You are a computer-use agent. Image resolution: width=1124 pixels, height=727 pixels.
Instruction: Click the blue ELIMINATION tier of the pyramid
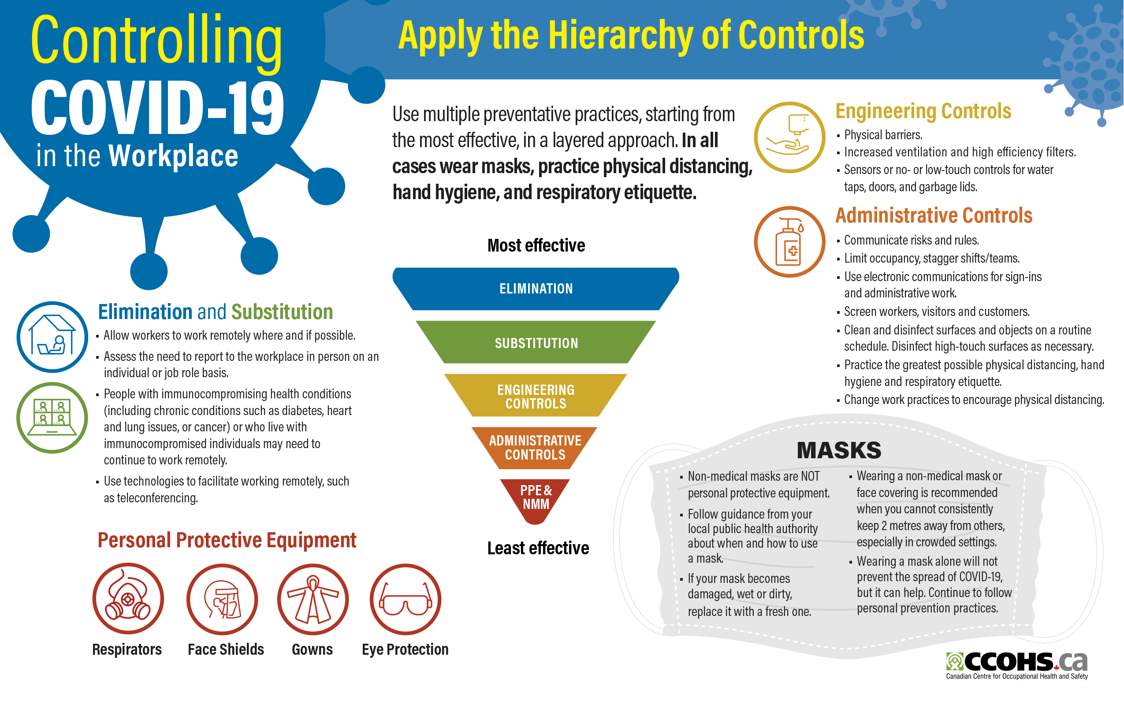(536, 289)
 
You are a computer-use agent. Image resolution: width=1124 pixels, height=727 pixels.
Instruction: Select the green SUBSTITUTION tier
(536, 343)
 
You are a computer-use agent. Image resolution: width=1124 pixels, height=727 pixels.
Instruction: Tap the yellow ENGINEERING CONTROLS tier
(536, 396)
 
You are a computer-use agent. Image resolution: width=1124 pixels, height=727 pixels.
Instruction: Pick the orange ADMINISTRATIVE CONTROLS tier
(535, 448)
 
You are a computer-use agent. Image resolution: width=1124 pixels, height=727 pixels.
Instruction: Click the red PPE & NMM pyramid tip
(536, 498)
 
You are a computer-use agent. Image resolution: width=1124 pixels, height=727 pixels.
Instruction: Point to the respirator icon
(128, 599)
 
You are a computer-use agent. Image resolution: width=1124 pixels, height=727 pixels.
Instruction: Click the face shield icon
(222, 599)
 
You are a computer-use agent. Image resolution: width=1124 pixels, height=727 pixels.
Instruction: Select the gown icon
(313, 599)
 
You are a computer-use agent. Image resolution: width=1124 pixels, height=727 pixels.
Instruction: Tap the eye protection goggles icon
(405, 599)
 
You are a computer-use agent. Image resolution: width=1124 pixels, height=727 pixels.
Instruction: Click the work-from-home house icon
(52, 337)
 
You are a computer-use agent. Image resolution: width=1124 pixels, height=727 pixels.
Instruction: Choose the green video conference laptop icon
(52, 418)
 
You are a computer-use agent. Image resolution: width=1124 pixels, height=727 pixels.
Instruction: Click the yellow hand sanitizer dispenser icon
(789, 137)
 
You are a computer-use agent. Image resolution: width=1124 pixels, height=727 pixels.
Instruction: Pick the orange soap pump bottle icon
(789, 242)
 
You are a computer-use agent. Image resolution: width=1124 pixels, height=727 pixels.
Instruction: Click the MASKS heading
(839, 450)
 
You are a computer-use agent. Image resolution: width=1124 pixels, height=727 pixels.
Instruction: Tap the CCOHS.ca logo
(1017, 665)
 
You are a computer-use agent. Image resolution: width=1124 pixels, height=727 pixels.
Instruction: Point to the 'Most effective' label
(536, 245)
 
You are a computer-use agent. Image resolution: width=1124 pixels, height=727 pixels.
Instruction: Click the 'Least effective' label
(538, 548)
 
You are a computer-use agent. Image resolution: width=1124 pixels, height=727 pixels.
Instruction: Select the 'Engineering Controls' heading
(923, 111)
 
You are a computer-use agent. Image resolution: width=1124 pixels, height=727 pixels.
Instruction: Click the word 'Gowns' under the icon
(312, 649)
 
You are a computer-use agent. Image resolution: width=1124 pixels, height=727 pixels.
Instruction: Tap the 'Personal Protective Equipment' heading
(227, 540)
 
